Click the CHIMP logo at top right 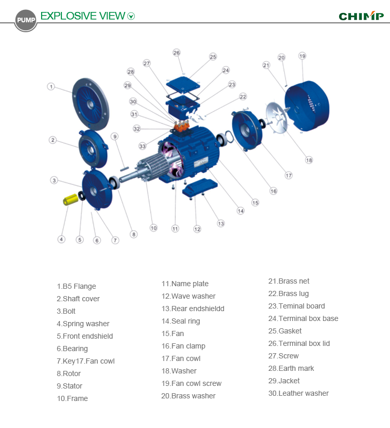pyautogui.click(x=361, y=16)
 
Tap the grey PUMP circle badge pyautogui.click(x=25, y=20)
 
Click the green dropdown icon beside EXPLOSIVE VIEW pyautogui.click(x=131, y=16)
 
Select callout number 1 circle pyautogui.click(x=51, y=86)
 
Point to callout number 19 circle pyautogui.click(x=302, y=56)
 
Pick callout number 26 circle pyautogui.click(x=177, y=52)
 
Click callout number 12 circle pyautogui.click(x=197, y=229)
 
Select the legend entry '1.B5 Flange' pyautogui.click(x=76, y=286)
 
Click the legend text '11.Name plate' pyautogui.click(x=185, y=284)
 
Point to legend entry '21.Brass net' pyautogui.click(x=289, y=281)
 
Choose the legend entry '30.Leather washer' pyautogui.click(x=298, y=393)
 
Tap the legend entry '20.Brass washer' pyautogui.click(x=188, y=396)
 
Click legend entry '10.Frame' pyautogui.click(x=72, y=398)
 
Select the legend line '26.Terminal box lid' pyautogui.click(x=298, y=343)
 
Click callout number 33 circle pyautogui.click(x=142, y=146)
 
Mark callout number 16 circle pyautogui.click(x=273, y=191)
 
